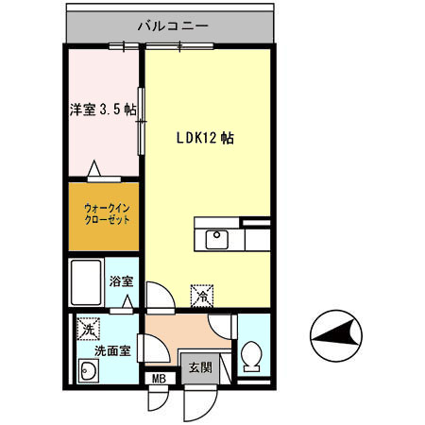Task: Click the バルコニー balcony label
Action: (171, 26)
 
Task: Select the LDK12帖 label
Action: (205, 138)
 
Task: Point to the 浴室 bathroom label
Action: (121, 281)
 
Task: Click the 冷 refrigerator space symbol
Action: (202, 296)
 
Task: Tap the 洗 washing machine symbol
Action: (87, 330)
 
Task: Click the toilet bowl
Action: (251, 357)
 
